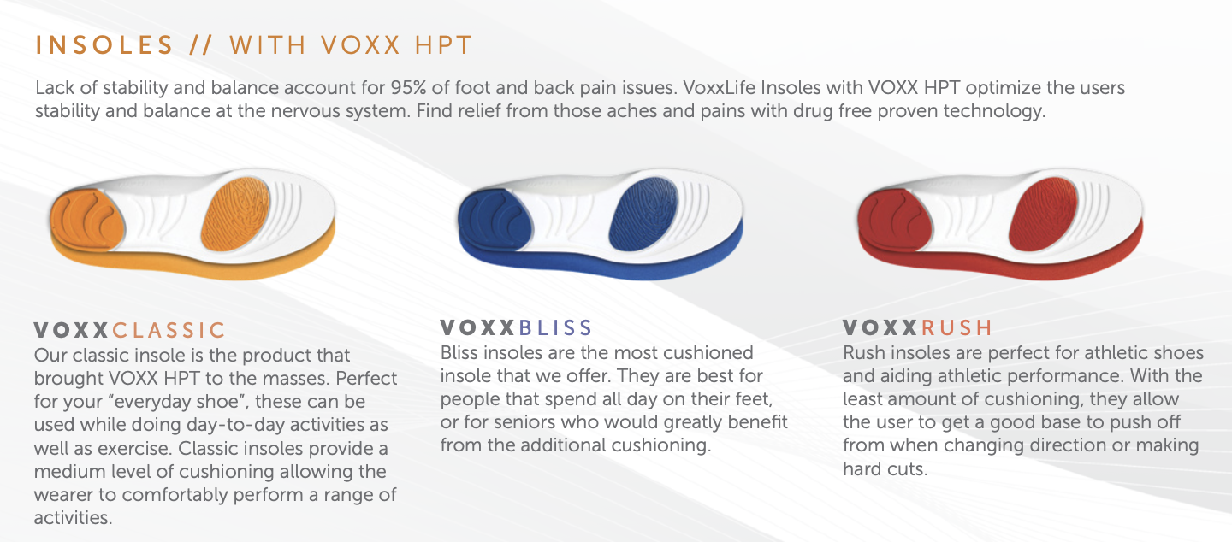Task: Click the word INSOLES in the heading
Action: (x=104, y=45)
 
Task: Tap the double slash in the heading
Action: (x=201, y=45)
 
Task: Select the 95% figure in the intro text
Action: (x=408, y=88)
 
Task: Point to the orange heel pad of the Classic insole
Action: (x=86, y=220)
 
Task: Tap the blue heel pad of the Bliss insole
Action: (x=495, y=220)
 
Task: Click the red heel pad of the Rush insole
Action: (x=894, y=220)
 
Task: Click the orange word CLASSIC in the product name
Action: (x=169, y=330)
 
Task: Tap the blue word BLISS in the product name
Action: (x=555, y=328)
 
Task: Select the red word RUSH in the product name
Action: (x=957, y=328)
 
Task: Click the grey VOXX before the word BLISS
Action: (x=477, y=328)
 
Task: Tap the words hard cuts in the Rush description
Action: (x=885, y=468)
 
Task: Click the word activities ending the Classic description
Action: (x=73, y=518)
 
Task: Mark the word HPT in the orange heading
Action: (x=443, y=45)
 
